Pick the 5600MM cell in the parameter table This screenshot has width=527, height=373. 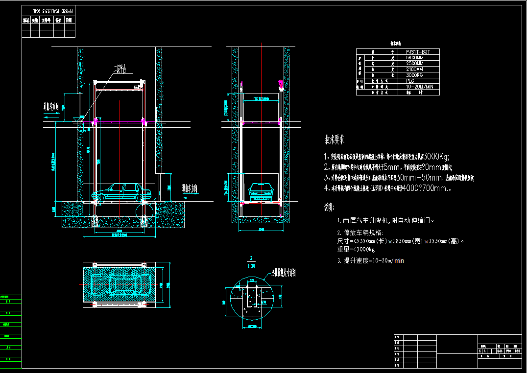click(415, 57)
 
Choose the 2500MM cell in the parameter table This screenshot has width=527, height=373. click(415, 63)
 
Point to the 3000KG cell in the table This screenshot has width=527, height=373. click(414, 75)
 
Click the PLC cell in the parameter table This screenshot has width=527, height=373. click(410, 81)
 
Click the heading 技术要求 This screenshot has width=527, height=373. click(335, 140)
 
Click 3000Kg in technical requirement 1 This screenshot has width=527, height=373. click(435, 157)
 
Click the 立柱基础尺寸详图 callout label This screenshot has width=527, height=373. click(284, 273)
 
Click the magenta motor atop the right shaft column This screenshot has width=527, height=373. click(281, 84)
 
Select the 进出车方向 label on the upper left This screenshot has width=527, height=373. click(54, 106)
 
